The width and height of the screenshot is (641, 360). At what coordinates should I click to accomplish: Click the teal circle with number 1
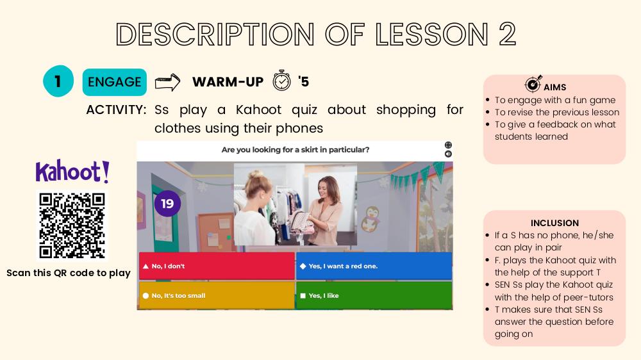pyautogui.click(x=58, y=81)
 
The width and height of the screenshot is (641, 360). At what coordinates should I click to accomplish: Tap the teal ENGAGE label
pyautogui.click(x=115, y=82)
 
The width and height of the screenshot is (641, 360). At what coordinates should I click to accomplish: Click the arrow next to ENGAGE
pyautogui.click(x=167, y=82)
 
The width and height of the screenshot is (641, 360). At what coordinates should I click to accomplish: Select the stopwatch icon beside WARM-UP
pyautogui.click(x=281, y=80)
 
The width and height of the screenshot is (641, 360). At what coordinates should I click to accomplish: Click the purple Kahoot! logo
pyautogui.click(x=72, y=171)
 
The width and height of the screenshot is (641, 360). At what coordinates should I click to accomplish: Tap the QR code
pyautogui.click(x=72, y=226)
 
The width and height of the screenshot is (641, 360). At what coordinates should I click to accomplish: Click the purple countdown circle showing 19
pyautogui.click(x=167, y=204)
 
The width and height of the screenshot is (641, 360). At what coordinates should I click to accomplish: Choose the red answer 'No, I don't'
pyautogui.click(x=217, y=266)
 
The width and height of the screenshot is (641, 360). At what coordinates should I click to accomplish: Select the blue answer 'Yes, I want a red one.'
pyautogui.click(x=374, y=266)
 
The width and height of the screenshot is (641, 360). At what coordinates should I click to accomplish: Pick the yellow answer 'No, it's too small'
pyautogui.click(x=217, y=295)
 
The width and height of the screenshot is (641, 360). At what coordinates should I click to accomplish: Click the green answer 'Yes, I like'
pyautogui.click(x=374, y=295)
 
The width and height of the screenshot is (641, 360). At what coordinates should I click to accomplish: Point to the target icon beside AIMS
pyautogui.click(x=533, y=84)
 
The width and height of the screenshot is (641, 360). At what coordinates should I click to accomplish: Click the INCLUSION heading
pyautogui.click(x=554, y=223)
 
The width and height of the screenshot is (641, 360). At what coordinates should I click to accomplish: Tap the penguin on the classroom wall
pyautogui.click(x=371, y=219)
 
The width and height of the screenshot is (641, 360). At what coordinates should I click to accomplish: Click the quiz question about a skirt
pyautogui.click(x=295, y=150)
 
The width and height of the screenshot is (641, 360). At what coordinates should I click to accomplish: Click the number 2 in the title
pyautogui.click(x=507, y=34)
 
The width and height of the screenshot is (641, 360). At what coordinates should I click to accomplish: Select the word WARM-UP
pyautogui.click(x=228, y=82)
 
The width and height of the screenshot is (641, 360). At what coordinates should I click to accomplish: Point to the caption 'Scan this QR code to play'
pyautogui.click(x=69, y=273)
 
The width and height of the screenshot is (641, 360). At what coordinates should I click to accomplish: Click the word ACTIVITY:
pyautogui.click(x=116, y=110)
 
